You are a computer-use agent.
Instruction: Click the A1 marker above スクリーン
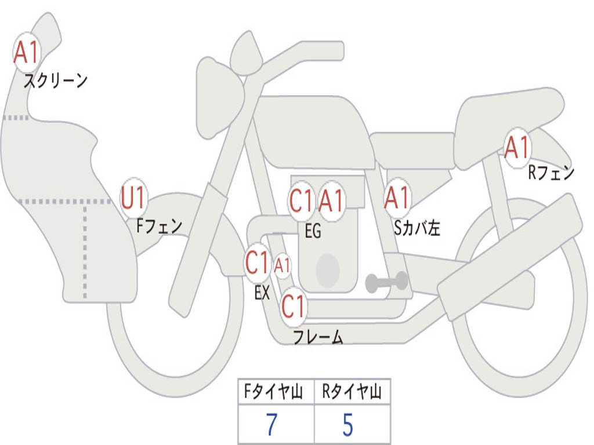point(26,53)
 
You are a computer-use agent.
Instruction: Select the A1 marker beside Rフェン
point(516,148)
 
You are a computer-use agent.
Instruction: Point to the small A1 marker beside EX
point(282,266)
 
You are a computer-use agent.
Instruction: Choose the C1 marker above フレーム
point(293,305)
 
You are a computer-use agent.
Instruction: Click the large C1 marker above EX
point(258,262)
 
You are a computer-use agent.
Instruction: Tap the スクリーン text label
point(55,81)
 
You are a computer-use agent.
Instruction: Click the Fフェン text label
point(159,225)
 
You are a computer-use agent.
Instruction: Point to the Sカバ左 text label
point(417,228)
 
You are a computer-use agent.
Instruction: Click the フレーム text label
point(318,337)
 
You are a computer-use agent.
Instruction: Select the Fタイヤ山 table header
point(275,392)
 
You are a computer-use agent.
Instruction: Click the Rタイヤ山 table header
point(352,392)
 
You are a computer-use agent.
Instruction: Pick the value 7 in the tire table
point(271,425)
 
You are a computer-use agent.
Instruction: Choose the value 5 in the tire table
point(347,425)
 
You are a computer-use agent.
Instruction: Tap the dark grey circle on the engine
point(327,270)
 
